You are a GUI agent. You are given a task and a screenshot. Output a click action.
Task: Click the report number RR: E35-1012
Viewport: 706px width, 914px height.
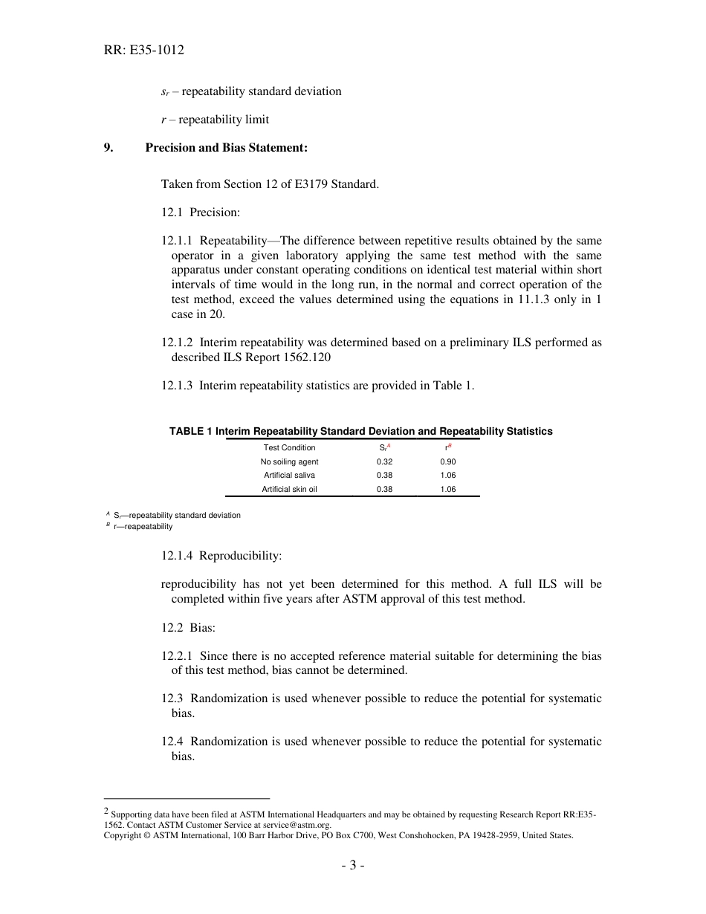point(143,51)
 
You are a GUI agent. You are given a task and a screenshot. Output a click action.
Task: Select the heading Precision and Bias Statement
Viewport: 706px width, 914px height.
point(226,148)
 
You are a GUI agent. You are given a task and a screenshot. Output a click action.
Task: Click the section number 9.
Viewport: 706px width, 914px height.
point(109,148)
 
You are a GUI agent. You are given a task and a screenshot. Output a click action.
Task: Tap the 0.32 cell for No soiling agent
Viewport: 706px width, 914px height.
point(384,461)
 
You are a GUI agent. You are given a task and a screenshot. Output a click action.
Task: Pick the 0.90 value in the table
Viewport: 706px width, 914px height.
point(447,461)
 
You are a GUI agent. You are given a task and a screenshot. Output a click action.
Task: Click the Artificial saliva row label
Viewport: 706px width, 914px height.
point(289,476)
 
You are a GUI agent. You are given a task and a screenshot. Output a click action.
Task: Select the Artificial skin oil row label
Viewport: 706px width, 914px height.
point(289,490)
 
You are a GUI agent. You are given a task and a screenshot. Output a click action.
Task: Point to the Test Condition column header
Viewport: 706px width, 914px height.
point(289,447)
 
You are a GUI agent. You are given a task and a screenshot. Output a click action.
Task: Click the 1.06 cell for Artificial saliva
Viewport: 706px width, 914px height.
point(447,476)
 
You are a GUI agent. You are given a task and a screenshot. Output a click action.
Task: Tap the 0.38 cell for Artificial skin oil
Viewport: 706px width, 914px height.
point(384,490)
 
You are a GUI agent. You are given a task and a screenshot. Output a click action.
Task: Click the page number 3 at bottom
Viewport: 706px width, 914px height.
point(353,865)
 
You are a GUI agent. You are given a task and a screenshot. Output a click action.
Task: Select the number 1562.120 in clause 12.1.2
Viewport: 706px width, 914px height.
point(309,357)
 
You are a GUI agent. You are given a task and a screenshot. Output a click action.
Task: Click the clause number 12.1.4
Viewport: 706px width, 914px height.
point(177,556)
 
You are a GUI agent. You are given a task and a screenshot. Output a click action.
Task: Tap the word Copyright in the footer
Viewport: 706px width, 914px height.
point(122,835)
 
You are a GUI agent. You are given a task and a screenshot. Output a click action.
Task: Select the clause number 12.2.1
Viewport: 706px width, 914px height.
point(177,656)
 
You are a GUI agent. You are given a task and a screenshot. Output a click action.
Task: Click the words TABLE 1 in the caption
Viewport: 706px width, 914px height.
point(191,431)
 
